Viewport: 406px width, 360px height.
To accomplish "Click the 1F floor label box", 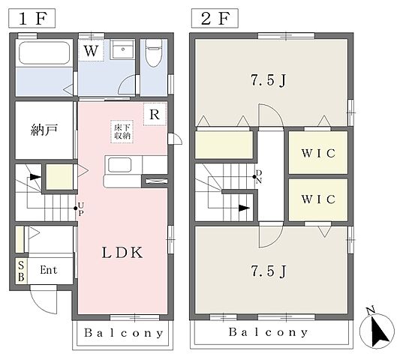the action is pos(32,18).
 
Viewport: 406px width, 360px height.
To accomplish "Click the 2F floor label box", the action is pos(215,18).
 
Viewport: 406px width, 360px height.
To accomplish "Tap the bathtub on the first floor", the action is pos(44,52).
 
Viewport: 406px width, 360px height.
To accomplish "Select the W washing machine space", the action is pos(91,50).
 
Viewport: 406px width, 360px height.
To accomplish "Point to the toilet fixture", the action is pos(154,52).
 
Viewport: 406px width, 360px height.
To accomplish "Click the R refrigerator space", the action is pos(155,114).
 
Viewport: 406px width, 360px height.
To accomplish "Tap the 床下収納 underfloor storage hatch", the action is pos(122,131).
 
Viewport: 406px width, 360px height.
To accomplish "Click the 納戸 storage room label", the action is pos(44,130).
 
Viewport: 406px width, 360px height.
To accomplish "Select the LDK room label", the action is pos(122,253).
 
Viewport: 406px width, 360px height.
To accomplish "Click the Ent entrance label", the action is pos(49,270).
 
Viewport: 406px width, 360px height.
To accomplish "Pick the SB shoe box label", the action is pos(21,271).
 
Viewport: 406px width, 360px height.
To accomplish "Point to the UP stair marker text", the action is pos(81,209).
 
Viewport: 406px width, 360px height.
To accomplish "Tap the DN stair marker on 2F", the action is pos(259,177).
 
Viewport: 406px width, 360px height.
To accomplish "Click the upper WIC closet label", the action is pos(318,153).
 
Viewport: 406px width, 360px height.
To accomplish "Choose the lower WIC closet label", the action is pos(318,199).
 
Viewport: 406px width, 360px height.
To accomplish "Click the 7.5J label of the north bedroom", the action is pos(269,80).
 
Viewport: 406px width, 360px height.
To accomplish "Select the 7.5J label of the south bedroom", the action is pos(269,271).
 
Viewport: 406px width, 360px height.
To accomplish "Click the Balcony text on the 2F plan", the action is pos(269,332).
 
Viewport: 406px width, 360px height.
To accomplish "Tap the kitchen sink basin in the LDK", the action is pos(119,165).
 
